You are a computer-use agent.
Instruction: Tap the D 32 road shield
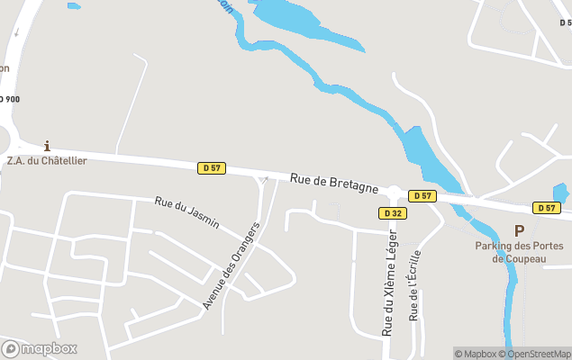coord(391,213)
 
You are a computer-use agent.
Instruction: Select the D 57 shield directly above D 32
coord(422,195)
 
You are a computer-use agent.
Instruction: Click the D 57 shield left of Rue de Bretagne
coord(212,167)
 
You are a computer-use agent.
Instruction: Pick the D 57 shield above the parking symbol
coord(547,208)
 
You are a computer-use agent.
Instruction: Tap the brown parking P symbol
coord(519,231)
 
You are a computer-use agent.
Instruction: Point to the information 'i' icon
coord(47,145)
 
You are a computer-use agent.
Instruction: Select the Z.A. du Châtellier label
coord(47,161)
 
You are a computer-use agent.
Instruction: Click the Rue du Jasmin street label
coord(187,212)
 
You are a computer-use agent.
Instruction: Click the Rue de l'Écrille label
coord(414,285)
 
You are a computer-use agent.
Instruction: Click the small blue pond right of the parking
coord(560,193)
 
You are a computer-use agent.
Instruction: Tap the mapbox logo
coord(40,348)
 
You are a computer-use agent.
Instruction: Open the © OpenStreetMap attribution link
coord(539,354)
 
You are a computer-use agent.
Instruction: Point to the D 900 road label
coord(9,99)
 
